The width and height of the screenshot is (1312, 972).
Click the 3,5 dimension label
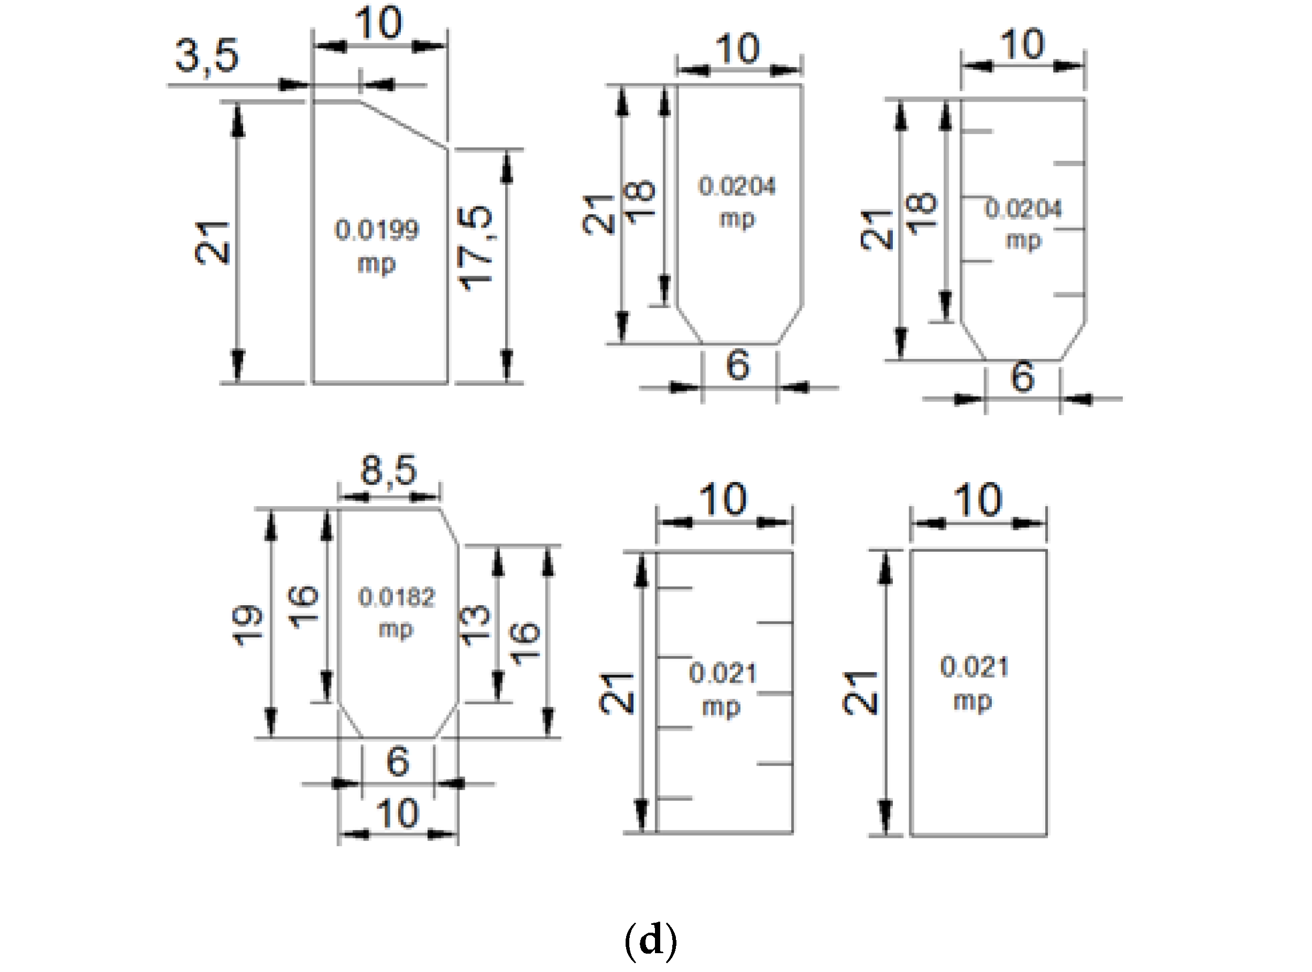point(207,57)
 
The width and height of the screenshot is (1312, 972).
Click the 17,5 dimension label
point(475,248)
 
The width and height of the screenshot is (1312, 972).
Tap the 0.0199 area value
point(377,230)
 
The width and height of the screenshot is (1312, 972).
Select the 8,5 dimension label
point(388,470)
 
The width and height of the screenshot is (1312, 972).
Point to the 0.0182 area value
point(397,598)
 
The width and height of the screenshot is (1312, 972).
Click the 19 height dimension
point(246,626)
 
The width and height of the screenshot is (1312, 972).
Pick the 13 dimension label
point(474,626)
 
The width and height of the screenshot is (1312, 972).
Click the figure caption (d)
point(650,940)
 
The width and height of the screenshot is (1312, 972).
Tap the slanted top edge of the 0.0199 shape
point(403,125)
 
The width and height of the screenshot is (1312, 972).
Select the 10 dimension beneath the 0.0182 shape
point(397,814)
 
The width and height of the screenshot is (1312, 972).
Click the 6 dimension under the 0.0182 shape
point(398,761)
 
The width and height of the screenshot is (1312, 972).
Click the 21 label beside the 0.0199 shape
point(212,243)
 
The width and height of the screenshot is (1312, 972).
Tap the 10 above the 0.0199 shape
point(378,24)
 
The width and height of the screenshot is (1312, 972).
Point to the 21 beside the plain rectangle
point(860,693)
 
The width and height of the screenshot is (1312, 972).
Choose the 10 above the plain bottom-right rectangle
point(977,500)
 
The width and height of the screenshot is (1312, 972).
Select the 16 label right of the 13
point(524,643)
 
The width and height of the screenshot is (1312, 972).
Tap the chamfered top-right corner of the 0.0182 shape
point(450,527)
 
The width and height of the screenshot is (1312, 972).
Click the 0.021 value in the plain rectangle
point(974,667)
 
